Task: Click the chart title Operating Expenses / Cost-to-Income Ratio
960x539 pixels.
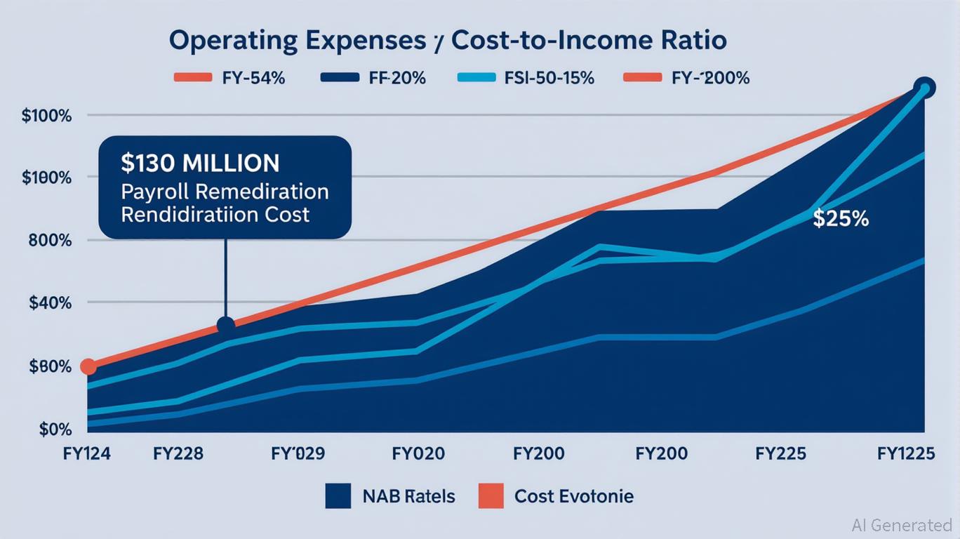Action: click(448, 41)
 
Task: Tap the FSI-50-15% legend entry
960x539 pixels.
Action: click(526, 78)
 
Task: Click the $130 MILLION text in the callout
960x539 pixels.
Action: click(200, 164)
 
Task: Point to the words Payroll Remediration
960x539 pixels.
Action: click(225, 192)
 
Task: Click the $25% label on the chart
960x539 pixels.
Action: click(841, 219)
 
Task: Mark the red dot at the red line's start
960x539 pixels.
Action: click(88, 366)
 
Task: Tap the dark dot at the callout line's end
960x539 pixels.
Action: click(226, 326)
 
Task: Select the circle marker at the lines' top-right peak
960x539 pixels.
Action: click(924, 88)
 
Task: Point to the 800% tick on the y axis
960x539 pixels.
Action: click(51, 241)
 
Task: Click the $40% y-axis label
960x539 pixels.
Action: click(51, 303)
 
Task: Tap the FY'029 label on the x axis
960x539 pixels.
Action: click(298, 454)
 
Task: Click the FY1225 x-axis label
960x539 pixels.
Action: click(906, 454)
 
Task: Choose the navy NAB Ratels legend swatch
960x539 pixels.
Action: click(338, 497)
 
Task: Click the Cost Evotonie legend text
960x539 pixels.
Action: click(573, 497)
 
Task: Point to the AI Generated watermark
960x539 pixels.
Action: click(901, 524)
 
